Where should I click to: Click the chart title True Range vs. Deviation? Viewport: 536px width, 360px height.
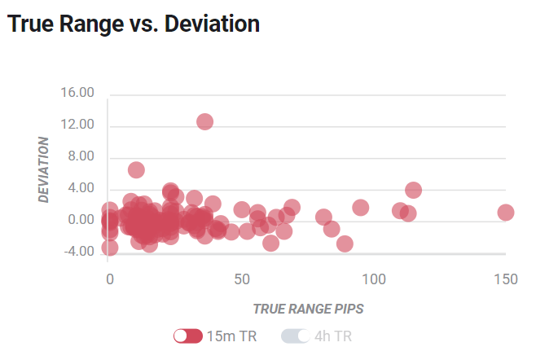134,24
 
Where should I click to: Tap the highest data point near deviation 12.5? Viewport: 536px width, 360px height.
204,121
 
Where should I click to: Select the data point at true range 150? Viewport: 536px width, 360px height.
506,213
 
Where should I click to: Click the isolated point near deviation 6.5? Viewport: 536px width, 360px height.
136,170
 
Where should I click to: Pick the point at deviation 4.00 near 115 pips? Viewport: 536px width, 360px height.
413,190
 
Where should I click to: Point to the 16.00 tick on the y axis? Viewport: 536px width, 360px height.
77,92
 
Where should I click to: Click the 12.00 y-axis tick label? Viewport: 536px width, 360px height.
77,124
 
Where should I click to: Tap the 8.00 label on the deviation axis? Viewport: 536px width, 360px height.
81,156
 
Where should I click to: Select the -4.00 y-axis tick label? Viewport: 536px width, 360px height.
79,252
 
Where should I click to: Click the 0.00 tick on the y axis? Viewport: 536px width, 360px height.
81,219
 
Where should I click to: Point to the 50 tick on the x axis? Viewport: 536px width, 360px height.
242,279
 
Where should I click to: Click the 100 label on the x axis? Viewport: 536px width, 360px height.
374,279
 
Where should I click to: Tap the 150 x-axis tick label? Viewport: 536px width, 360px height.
506,279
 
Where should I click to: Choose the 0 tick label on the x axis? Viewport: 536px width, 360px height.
110,279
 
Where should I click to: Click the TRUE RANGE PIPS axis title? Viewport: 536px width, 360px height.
308,309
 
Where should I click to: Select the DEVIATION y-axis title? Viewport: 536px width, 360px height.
43,169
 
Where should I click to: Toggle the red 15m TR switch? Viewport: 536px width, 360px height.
188,336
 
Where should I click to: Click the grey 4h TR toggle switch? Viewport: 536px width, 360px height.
296,336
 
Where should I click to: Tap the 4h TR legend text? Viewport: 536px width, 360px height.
333,336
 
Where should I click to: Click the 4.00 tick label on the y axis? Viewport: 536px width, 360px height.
81,187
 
